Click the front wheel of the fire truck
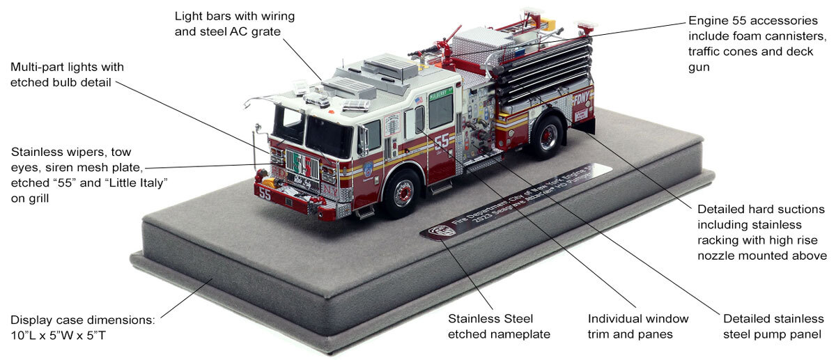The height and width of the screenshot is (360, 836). coord(402,191)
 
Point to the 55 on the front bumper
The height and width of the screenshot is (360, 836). coord(265,194)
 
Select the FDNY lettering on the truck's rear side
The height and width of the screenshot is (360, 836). coord(581,98)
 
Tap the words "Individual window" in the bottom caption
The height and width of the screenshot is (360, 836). coord(638,319)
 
